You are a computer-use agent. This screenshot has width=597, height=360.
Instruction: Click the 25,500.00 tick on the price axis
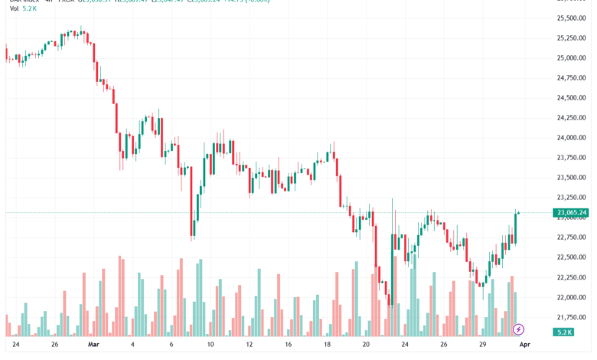pos(573,18)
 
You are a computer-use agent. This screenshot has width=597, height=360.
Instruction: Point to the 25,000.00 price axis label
pos(573,57)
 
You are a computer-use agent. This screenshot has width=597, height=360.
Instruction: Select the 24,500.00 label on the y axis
pos(573,97)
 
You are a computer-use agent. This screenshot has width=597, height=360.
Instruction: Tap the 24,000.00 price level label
pos(573,137)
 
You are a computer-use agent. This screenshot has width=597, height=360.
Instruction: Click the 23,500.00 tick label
pos(573,177)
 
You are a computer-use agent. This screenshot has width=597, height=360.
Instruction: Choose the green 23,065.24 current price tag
pos(573,212)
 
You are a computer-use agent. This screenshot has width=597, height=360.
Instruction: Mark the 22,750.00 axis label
pos(573,237)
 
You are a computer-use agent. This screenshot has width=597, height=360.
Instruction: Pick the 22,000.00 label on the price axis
pos(573,296)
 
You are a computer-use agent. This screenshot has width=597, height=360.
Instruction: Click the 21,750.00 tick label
pos(573,316)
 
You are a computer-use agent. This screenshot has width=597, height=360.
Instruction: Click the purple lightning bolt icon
pos(519,329)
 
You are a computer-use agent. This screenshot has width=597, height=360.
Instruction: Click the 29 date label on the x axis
pos(482,345)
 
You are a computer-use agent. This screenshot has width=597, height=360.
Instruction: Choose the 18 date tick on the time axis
pos(327,345)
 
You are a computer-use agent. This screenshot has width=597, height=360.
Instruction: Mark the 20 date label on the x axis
pos(367,345)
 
